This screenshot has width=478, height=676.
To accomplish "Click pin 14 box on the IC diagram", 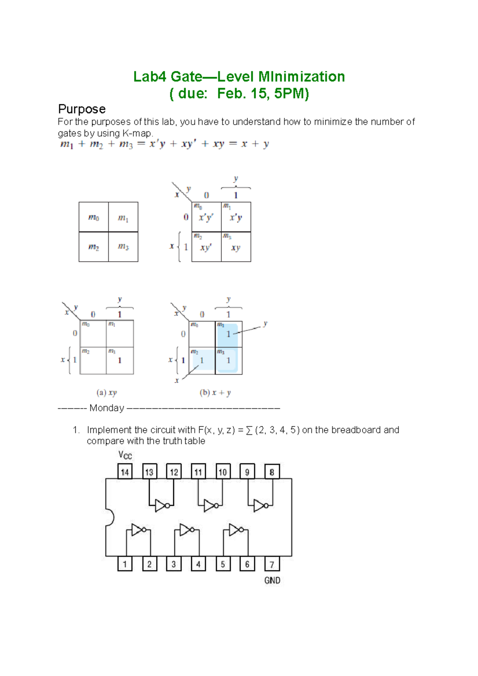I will tap(125, 472).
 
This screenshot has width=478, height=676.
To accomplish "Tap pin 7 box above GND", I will tap(272, 564).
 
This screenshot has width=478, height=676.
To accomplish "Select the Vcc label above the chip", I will tap(125, 455).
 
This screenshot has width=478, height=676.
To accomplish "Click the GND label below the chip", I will tap(272, 580).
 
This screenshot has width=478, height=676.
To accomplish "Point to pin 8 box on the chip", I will tap(272, 472).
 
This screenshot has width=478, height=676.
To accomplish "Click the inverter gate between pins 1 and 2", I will tap(138, 530).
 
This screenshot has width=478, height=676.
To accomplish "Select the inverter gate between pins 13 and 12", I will tap(162, 506).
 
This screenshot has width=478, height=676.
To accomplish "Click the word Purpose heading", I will tap(82, 109).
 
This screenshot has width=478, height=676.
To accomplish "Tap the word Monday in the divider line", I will tap(107, 408).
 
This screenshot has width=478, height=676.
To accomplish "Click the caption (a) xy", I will tap(107, 393).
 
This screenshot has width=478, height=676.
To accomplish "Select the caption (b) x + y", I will tap(215, 393).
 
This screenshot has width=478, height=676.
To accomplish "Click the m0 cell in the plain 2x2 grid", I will tap(94, 217).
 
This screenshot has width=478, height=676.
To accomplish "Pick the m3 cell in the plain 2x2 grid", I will tap(123, 247).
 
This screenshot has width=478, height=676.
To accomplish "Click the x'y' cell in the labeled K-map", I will tap(206, 218).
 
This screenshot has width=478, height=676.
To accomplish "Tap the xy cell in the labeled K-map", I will tap(236, 248).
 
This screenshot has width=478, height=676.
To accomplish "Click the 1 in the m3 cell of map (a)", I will tap(119, 360).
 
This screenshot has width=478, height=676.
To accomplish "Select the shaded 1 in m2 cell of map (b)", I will tap(202, 360).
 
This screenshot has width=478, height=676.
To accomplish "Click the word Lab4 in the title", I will tap(149, 76).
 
